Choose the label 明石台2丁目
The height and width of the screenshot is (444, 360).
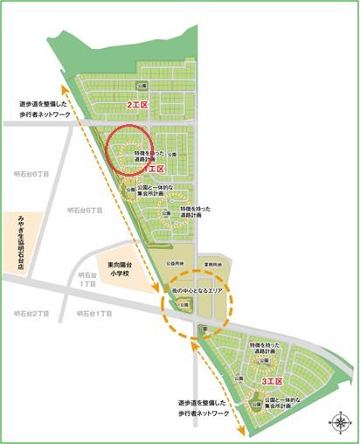coord(32,312)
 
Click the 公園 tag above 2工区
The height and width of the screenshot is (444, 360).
coord(142,84)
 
